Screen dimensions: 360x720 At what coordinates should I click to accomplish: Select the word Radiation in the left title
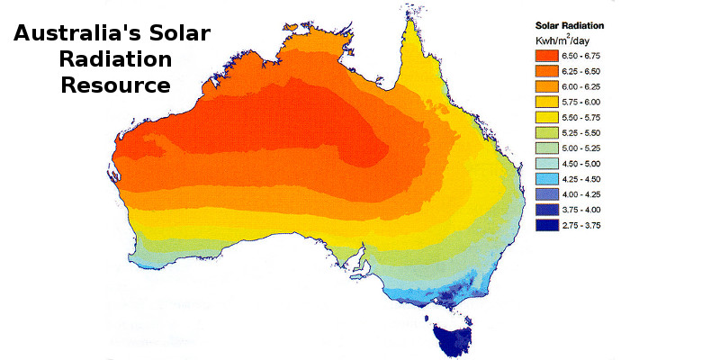click(x=114, y=61)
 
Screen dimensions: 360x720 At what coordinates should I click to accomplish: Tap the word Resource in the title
click(x=114, y=85)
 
